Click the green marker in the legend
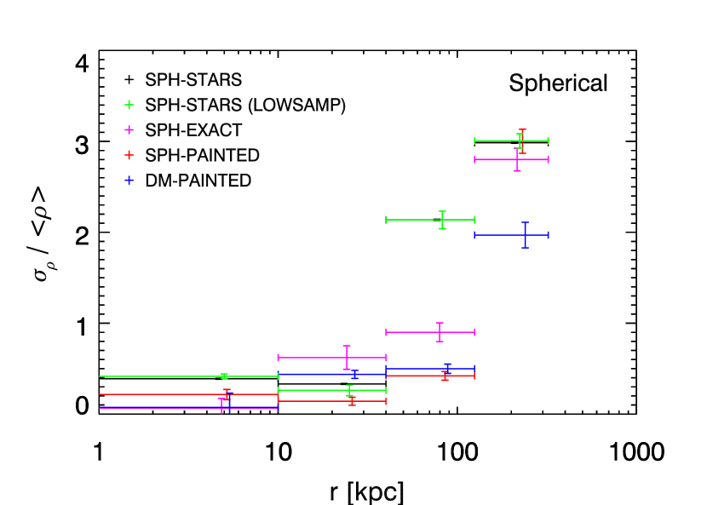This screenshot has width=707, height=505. click(x=129, y=105)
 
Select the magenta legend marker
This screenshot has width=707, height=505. click(x=129, y=130)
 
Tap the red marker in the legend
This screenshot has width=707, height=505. click(x=129, y=155)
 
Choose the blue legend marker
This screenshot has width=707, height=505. click(x=129, y=181)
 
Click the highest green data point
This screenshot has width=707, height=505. click(x=520, y=141)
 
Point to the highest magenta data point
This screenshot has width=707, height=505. click(x=517, y=159)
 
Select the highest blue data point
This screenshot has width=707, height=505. click(x=525, y=235)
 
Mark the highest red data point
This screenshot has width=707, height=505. click(x=522, y=141)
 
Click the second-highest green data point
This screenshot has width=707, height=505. click(x=442, y=220)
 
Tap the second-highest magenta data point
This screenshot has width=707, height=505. click(x=440, y=332)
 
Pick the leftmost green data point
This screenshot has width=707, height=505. click(x=224, y=376)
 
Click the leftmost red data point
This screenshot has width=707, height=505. click(x=227, y=394)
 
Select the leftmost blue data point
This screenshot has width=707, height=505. click(x=229, y=408)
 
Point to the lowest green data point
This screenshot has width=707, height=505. click(x=349, y=390)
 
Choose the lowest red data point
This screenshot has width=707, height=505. click(x=352, y=401)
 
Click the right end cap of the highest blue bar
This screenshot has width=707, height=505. click(x=548, y=235)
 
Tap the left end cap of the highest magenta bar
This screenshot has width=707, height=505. click(x=475, y=159)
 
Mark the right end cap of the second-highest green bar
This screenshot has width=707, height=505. click(x=474, y=220)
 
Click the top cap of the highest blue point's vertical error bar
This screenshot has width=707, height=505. click(x=525, y=223)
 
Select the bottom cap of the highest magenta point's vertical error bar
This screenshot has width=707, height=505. click(x=517, y=170)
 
